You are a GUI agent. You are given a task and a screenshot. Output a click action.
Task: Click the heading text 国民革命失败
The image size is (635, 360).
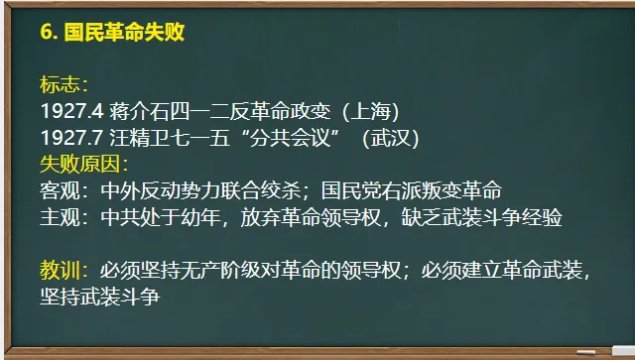click(x=124, y=32)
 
